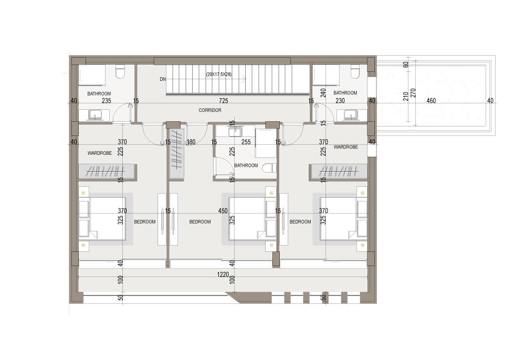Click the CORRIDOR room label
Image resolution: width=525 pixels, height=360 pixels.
point(210,110)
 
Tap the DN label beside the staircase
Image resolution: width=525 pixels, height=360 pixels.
point(163,79)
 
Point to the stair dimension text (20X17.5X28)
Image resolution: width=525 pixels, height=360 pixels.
point(219,75)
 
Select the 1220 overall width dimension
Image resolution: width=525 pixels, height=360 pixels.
point(223,274)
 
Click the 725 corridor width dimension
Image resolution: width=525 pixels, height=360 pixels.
point(224,100)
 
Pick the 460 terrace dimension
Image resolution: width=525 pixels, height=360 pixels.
point(431,100)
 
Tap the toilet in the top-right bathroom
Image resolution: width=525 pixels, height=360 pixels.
point(354,72)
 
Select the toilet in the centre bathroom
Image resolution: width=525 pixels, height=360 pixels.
point(269,167)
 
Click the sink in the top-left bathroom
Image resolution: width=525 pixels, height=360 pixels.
point(95,115)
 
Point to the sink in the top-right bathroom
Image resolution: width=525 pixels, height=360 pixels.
point(351,115)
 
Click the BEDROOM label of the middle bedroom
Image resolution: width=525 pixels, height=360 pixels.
point(200,222)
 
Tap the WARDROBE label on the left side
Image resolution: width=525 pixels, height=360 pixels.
point(99,153)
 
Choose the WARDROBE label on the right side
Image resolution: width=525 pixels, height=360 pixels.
point(346,147)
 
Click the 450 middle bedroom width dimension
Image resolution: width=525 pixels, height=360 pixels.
point(223,211)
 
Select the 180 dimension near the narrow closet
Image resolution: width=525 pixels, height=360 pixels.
point(191,142)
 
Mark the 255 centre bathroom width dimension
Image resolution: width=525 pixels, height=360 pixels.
point(246,142)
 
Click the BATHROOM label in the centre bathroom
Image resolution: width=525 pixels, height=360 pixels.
point(246,165)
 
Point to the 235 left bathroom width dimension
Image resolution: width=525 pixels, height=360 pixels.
point(107,100)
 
